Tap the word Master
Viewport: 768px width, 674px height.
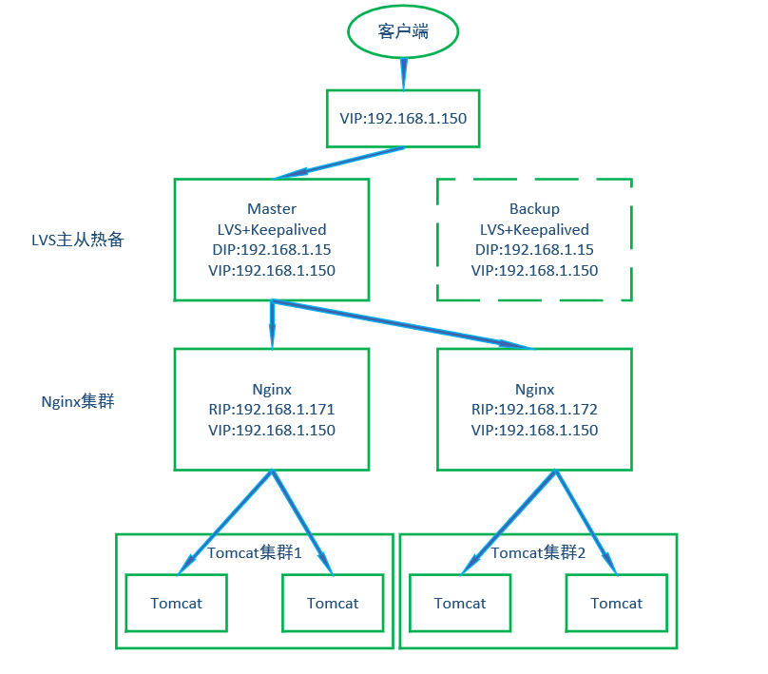[x=272, y=209]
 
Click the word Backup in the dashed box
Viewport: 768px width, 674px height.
[x=534, y=209]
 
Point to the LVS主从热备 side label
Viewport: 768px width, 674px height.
[x=78, y=240]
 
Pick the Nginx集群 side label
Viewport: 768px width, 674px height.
[x=78, y=401]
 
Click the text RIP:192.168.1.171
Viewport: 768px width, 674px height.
[x=272, y=410]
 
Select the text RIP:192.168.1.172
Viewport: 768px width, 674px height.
[x=534, y=410]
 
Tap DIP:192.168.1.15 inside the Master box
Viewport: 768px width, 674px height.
[x=272, y=250]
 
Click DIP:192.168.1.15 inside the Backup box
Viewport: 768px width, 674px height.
[x=534, y=250]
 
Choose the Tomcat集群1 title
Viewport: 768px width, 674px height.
[x=255, y=552]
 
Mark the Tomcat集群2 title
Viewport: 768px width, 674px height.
[x=538, y=552]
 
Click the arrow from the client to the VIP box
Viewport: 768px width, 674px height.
[x=404, y=74]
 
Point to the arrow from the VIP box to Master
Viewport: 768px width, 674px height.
[x=339, y=164]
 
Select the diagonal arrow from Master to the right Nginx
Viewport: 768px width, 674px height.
[x=403, y=325]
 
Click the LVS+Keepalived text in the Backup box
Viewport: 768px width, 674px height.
[x=534, y=229]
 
